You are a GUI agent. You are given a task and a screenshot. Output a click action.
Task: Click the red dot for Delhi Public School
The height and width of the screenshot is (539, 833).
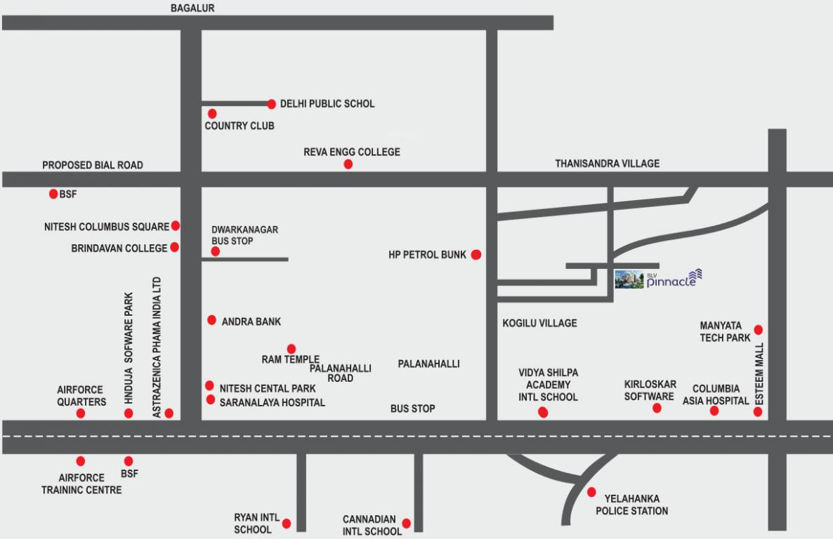(272, 104)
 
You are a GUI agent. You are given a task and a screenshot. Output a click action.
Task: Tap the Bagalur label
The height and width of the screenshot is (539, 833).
(192, 8)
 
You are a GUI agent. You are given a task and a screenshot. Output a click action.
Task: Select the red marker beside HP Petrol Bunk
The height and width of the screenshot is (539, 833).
(476, 255)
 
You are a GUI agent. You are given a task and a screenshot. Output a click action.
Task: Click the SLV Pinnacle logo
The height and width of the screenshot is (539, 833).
(658, 279)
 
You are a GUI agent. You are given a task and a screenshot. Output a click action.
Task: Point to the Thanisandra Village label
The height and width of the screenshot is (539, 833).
(608, 164)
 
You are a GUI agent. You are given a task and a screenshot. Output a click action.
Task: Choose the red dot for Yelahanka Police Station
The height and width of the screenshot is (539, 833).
(591, 492)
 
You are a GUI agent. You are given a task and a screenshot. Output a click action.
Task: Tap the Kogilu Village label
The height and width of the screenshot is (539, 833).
(539, 324)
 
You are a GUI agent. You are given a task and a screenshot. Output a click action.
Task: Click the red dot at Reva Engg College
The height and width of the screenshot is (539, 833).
(348, 164)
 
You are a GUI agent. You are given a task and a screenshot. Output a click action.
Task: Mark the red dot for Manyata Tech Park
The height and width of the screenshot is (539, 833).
(759, 329)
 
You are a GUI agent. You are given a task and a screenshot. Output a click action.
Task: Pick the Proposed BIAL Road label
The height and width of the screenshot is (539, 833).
(92, 165)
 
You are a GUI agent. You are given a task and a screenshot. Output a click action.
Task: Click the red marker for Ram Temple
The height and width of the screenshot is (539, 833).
(291, 349)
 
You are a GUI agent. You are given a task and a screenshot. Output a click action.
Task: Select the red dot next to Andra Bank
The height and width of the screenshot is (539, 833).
(211, 320)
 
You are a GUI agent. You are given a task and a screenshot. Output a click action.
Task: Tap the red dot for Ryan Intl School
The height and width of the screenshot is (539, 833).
(286, 523)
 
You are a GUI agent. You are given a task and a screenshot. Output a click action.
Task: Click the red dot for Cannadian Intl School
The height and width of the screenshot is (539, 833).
(406, 524)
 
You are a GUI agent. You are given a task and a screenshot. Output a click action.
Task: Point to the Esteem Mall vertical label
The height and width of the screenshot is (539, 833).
(759, 373)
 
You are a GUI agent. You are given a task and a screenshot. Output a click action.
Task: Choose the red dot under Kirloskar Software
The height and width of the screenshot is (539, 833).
(657, 408)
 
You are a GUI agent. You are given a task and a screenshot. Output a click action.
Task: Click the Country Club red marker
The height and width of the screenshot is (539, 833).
(212, 113)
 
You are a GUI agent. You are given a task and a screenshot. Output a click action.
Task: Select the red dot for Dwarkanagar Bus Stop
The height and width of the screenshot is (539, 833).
(216, 251)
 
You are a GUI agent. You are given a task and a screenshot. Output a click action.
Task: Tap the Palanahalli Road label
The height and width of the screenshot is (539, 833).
(341, 373)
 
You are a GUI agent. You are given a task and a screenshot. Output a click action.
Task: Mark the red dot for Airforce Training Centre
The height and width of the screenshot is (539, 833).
(81, 461)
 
